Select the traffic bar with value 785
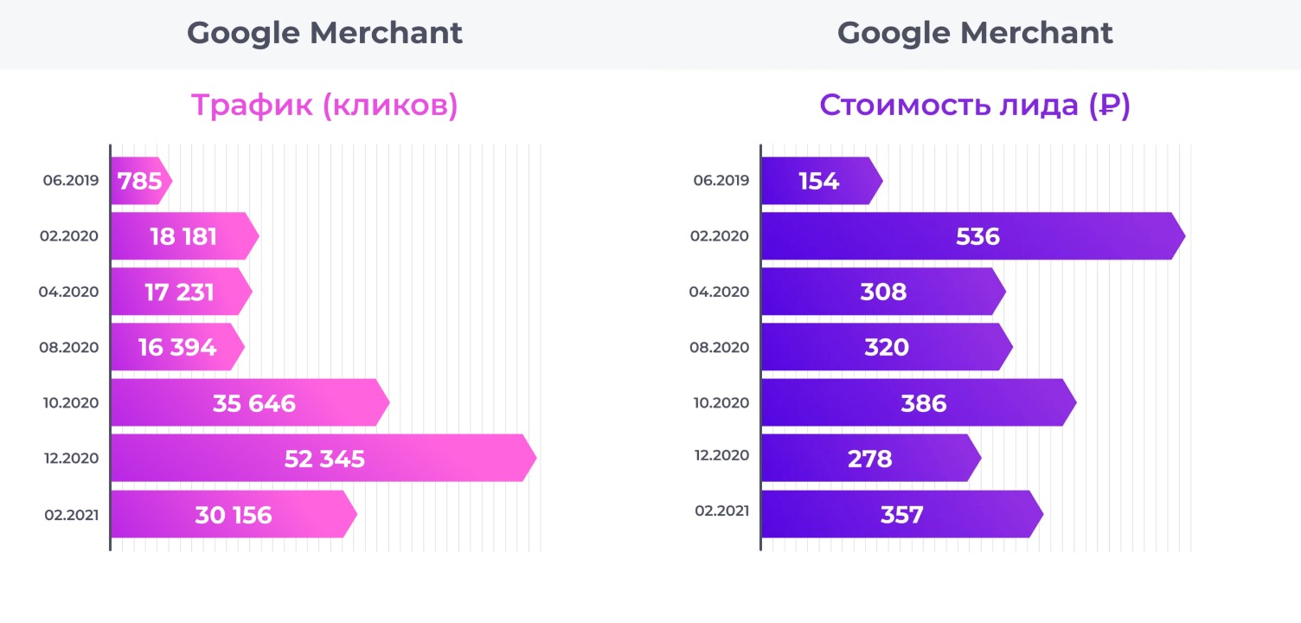coord(138,181)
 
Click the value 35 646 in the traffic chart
coord(253,403)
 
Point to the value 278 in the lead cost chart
coord(869,459)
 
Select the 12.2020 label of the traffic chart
coord(71,459)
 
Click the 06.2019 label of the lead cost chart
coord(721,181)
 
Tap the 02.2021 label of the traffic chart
coord(71,515)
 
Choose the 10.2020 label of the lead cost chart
coord(721,402)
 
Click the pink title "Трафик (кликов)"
coord(324,106)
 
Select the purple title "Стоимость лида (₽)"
coord(975,106)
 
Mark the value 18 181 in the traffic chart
coord(183,236)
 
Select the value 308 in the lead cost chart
coord(883,292)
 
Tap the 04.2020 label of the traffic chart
coord(69,292)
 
